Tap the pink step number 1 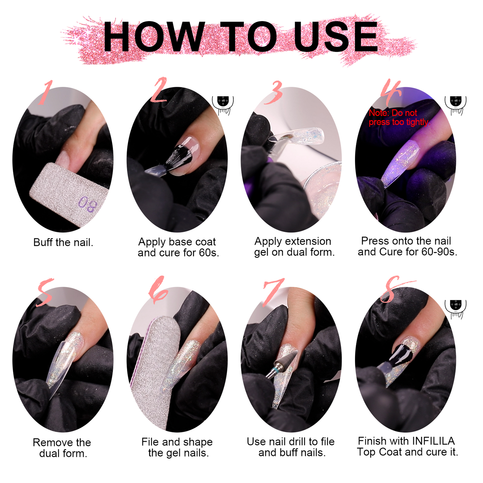pyautogui.click(x=45, y=92)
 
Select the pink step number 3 pyautogui.click(x=273, y=92)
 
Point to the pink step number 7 pyautogui.click(x=273, y=292)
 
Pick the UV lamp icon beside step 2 pyautogui.click(x=223, y=105)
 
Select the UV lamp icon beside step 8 pyautogui.click(x=455, y=309)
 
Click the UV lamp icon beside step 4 pyautogui.click(x=455, y=105)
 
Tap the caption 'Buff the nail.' pyautogui.click(x=63, y=242)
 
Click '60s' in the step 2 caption pyautogui.click(x=209, y=253)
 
